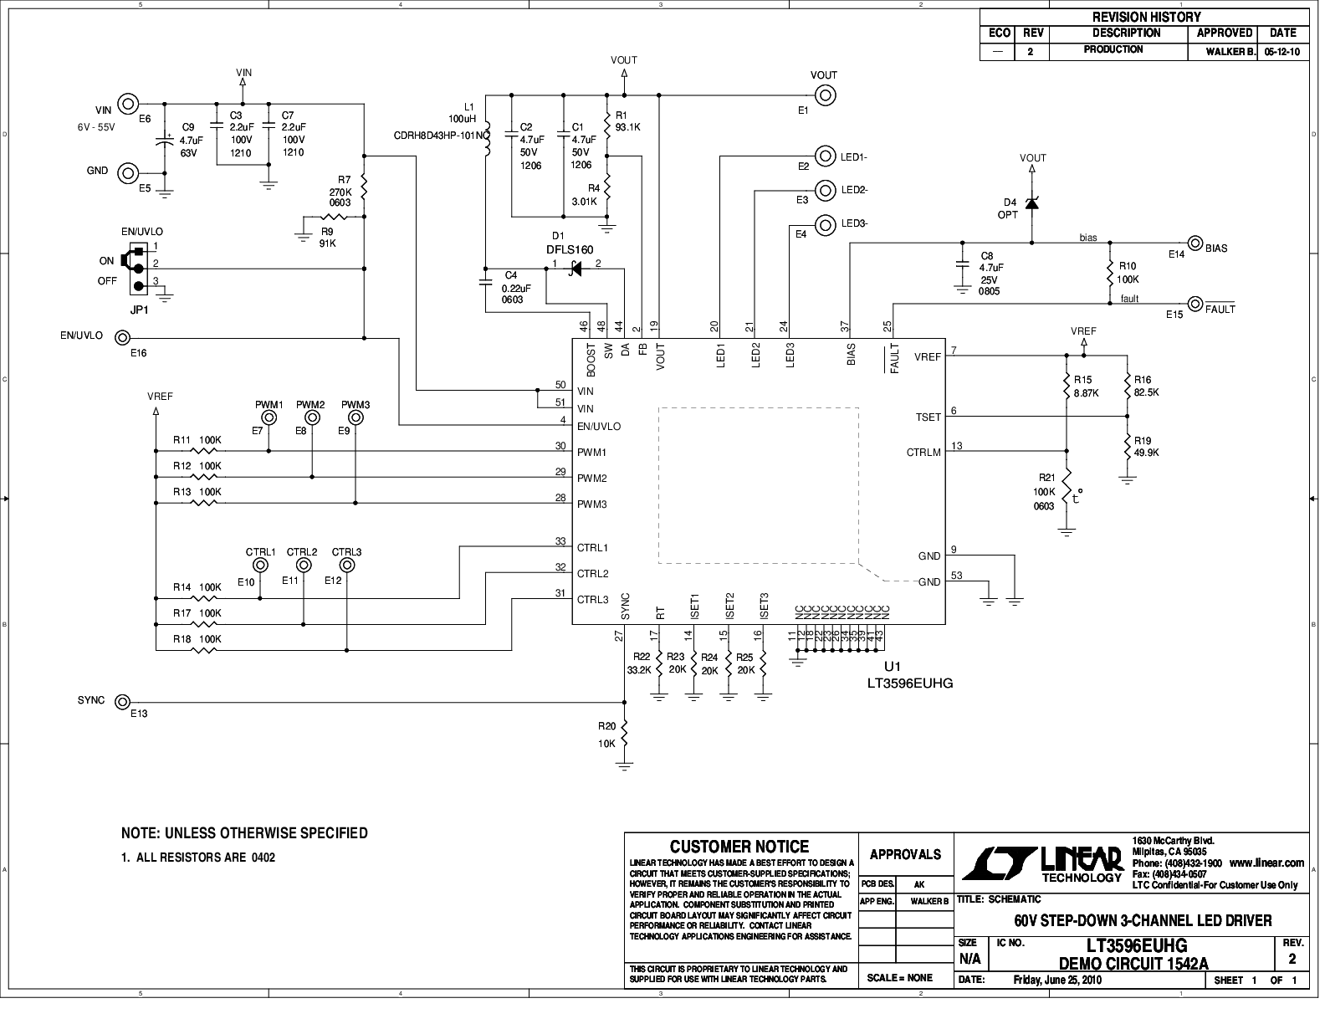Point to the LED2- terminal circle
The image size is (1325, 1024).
pos(826,190)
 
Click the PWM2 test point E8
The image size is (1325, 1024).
pos(312,417)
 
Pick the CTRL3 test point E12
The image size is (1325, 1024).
pos(346,565)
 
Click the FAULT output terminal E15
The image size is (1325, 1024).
pos(1195,304)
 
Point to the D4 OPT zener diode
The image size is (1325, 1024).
pos(1031,202)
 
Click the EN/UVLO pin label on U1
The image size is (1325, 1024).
pos(599,427)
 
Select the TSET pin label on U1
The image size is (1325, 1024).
pos(929,417)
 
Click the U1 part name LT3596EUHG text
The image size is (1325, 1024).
pos(909,683)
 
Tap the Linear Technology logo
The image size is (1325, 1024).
pos(1042,862)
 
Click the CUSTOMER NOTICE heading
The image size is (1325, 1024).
pos(739,847)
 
